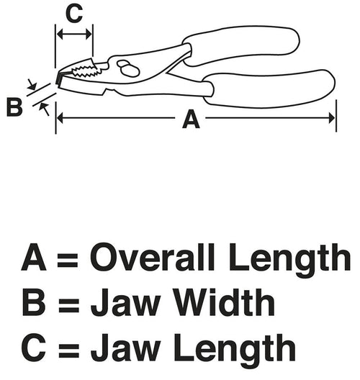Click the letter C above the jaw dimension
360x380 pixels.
click(x=74, y=14)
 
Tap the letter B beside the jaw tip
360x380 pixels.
click(x=14, y=107)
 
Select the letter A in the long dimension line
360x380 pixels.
click(x=191, y=119)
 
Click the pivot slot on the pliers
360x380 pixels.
click(x=127, y=68)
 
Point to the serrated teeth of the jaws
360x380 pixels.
click(x=86, y=71)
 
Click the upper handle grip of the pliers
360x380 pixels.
click(x=240, y=45)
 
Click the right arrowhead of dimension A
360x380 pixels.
click(x=331, y=118)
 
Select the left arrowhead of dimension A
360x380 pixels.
click(x=60, y=118)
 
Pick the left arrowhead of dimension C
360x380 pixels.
click(x=60, y=34)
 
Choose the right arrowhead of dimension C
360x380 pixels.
click(x=89, y=34)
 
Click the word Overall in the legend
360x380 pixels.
click(x=152, y=257)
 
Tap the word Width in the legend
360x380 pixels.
click(x=224, y=302)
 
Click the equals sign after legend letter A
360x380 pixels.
click(x=68, y=260)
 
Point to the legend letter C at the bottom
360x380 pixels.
click(x=34, y=348)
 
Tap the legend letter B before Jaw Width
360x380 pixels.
click(x=34, y=302)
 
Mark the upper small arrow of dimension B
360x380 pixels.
click(x=32, y=84)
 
